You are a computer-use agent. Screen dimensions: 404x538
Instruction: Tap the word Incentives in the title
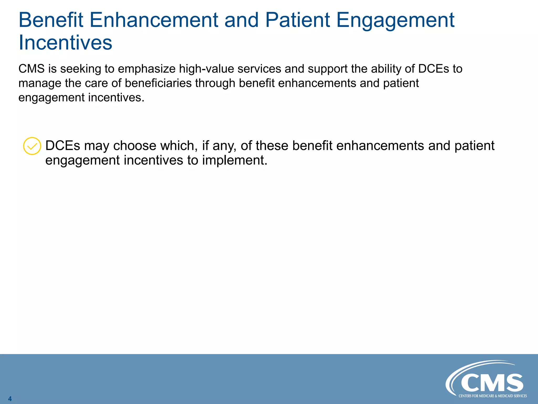65,43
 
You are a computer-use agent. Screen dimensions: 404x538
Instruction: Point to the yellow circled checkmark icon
32,146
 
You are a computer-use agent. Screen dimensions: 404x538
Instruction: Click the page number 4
10,399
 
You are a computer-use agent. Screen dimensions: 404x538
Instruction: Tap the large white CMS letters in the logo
492,383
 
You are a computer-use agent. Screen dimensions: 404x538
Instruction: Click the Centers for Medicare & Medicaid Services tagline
493,396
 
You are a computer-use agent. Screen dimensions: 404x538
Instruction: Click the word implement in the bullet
235,160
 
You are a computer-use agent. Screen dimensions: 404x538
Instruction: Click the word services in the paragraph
259,69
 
